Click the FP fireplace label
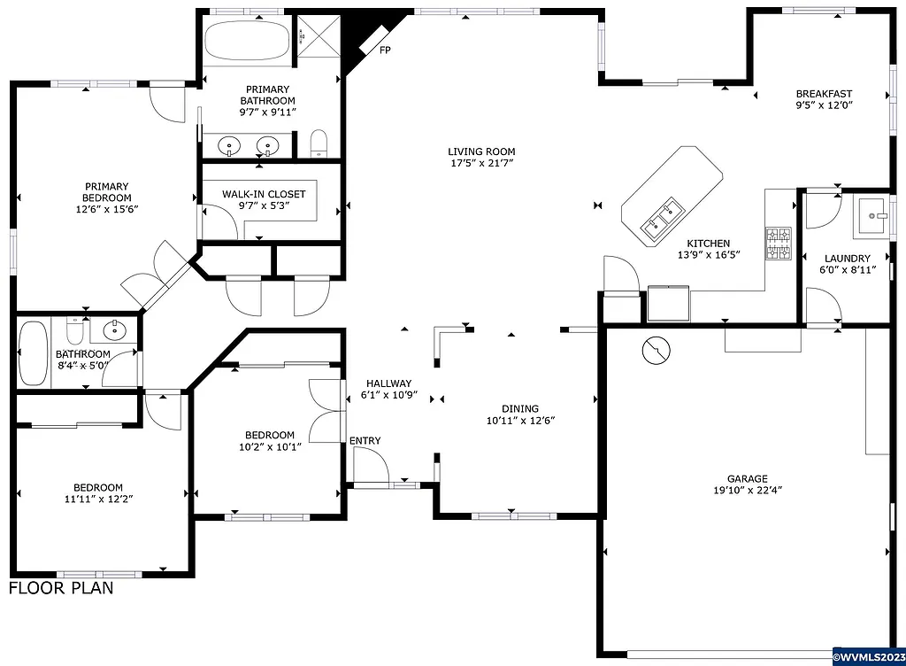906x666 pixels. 385,50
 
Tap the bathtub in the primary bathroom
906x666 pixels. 247,40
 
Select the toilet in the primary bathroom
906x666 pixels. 319,143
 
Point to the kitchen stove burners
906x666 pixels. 779,244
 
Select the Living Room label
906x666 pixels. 481,151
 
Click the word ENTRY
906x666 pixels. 365,441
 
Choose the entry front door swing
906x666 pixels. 369,464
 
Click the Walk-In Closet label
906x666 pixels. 264,194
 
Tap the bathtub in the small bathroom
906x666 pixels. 33,352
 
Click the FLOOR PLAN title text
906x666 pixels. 61,588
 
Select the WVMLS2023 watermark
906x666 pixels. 869,657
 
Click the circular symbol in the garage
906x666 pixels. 656,351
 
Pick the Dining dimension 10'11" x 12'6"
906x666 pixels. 521,421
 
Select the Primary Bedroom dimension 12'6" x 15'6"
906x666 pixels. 107,210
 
